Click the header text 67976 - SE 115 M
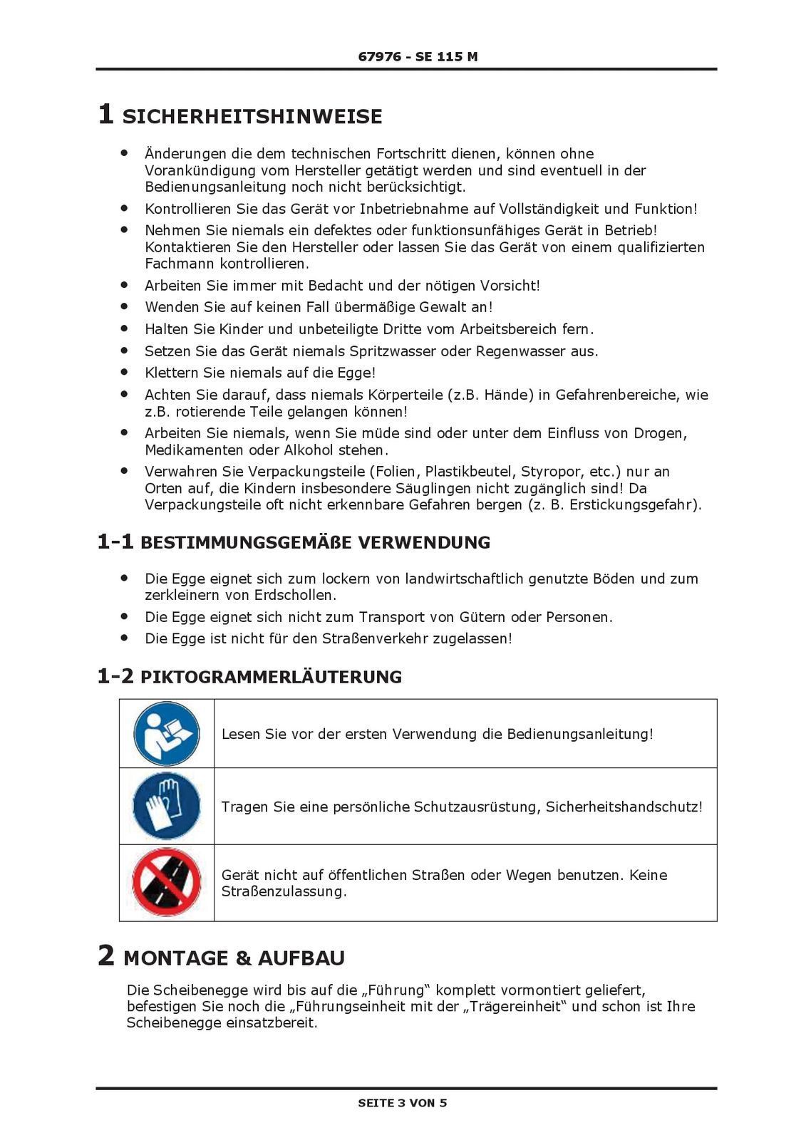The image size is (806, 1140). point(418,56)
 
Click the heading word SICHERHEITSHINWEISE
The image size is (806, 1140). point(252,117)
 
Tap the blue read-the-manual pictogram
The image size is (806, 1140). point(167,733)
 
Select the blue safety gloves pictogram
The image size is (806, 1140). point(167,807)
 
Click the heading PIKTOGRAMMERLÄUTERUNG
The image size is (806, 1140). point(271,677)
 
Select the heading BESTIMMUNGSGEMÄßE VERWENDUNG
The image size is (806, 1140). point(315,543)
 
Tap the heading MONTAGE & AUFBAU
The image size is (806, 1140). point(234,958)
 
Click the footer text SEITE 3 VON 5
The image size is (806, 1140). point(403,1103)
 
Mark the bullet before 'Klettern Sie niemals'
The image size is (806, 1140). point(124,372)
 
